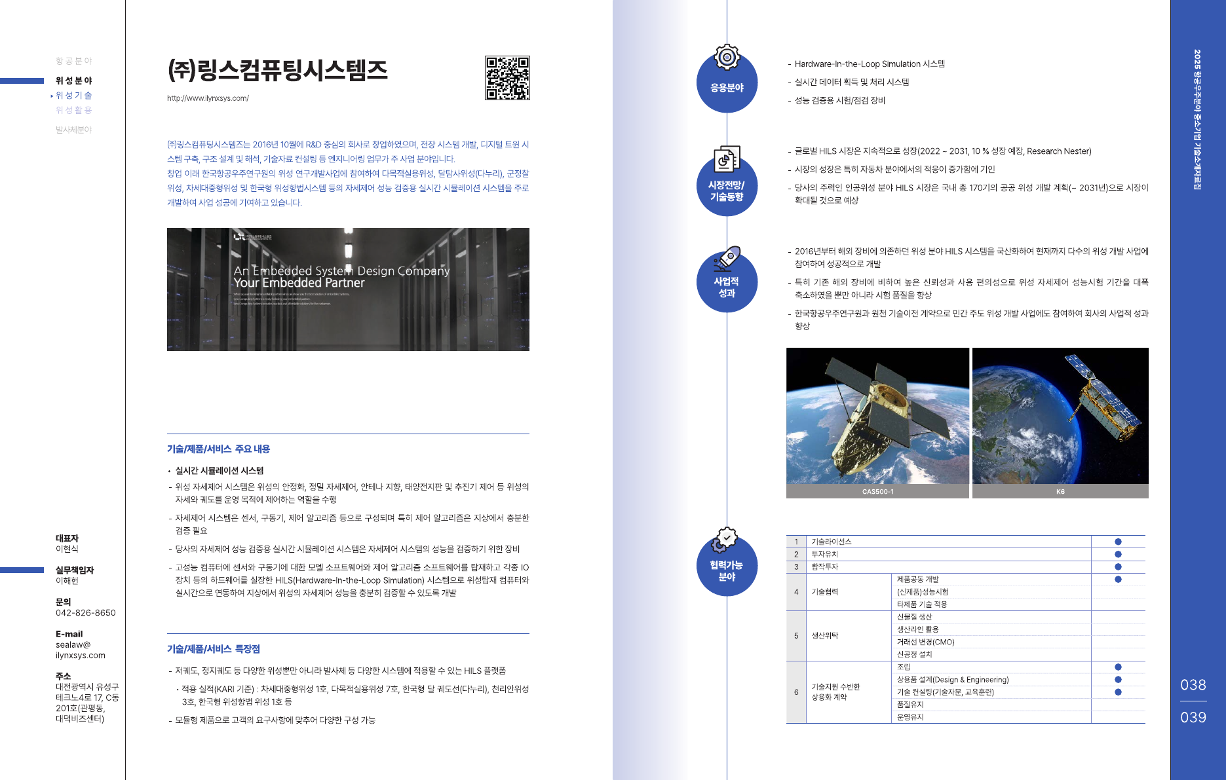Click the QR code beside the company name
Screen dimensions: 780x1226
[507, 78]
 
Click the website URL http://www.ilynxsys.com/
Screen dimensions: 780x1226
[208, 98]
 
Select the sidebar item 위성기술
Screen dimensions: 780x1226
[73, 96]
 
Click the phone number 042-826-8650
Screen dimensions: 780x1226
[85, 613]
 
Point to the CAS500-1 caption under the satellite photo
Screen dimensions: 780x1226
[877, 492]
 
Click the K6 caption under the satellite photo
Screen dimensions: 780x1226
[1060, 492]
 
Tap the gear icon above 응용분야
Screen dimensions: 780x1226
[727, 57]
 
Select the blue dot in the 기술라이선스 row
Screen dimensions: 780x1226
[1118, 542]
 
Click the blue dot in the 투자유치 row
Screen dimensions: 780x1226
[1118, 554]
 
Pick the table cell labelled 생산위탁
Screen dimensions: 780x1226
[824, 635]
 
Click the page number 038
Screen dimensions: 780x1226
[1193, 685]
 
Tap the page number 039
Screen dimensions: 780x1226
[1193, 717]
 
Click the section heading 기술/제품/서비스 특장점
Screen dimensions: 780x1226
[214, 649]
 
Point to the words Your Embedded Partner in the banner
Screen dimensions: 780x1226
[299, 283]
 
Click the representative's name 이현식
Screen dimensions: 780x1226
[67, 549]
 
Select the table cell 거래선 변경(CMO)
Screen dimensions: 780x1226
[925, 642]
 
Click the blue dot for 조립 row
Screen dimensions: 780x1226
[1118, 667]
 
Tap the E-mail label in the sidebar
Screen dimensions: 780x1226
[69, 634]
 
